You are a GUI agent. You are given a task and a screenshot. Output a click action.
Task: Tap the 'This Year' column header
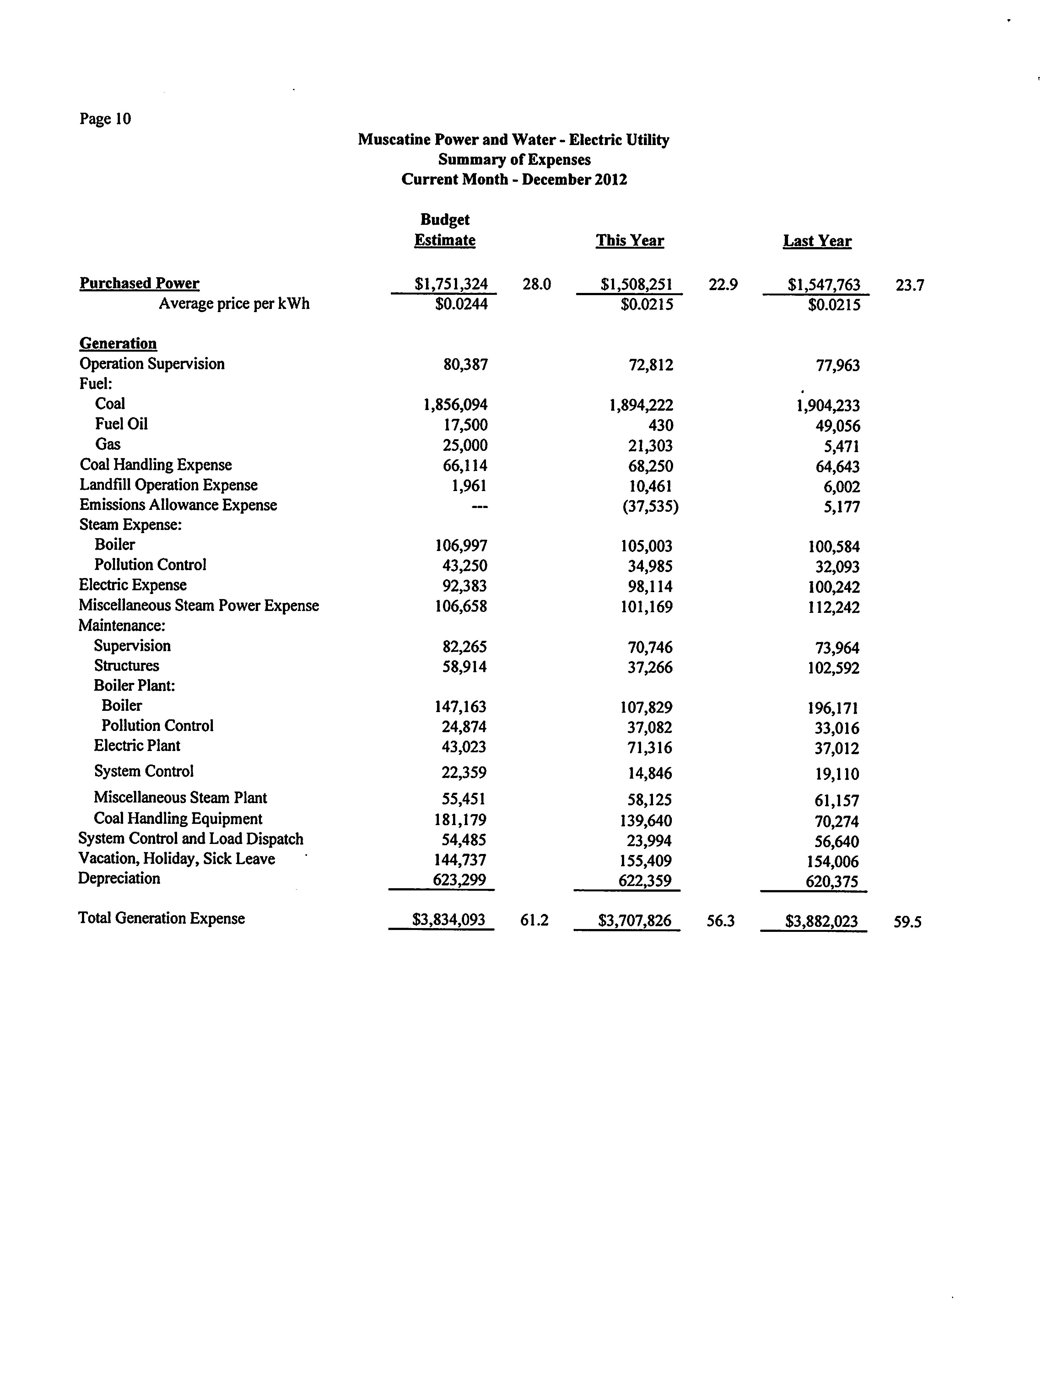coord(630,241)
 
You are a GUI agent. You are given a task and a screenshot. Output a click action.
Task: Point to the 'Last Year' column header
coord(817,241)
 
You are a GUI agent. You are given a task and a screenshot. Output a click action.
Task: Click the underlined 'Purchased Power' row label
coord(139,283)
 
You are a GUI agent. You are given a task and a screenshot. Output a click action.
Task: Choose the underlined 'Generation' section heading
coord(118,343)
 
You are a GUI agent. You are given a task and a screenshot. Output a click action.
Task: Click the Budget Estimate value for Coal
coord(455,404)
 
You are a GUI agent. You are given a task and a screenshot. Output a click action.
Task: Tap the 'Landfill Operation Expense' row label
coord(168,485)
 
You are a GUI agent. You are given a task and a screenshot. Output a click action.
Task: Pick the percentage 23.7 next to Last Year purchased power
coord(910,285)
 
